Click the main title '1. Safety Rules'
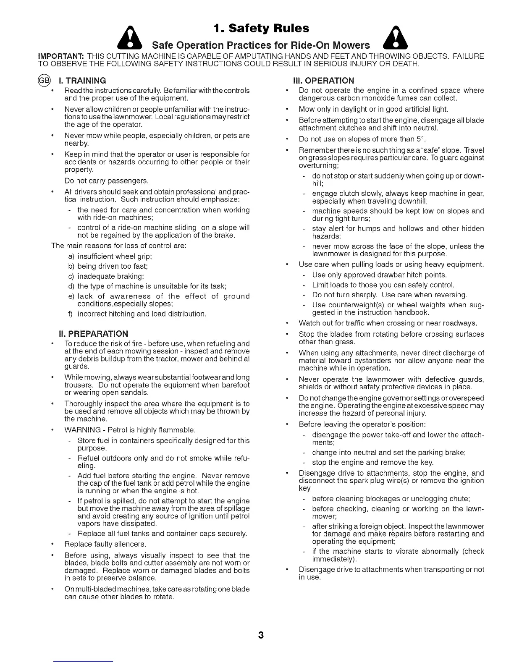[261, 29]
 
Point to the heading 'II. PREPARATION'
[93, 334]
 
